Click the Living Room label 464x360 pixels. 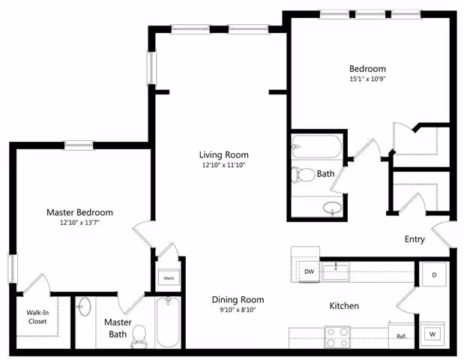pos(223,154)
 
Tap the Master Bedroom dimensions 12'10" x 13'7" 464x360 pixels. pos(79,223)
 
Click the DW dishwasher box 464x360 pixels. pos(309,271)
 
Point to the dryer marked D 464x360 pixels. pos(434,275)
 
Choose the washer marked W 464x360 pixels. pos(433,333)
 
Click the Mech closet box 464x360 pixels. pos(168,278)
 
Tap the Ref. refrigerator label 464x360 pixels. pos(401,336)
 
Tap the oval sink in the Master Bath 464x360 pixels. pos(84,308)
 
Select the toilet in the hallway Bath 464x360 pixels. pos(302,174)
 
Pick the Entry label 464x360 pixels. pos(415,240)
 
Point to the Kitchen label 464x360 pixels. pos(344,306)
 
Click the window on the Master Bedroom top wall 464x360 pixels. pos(78,145)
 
